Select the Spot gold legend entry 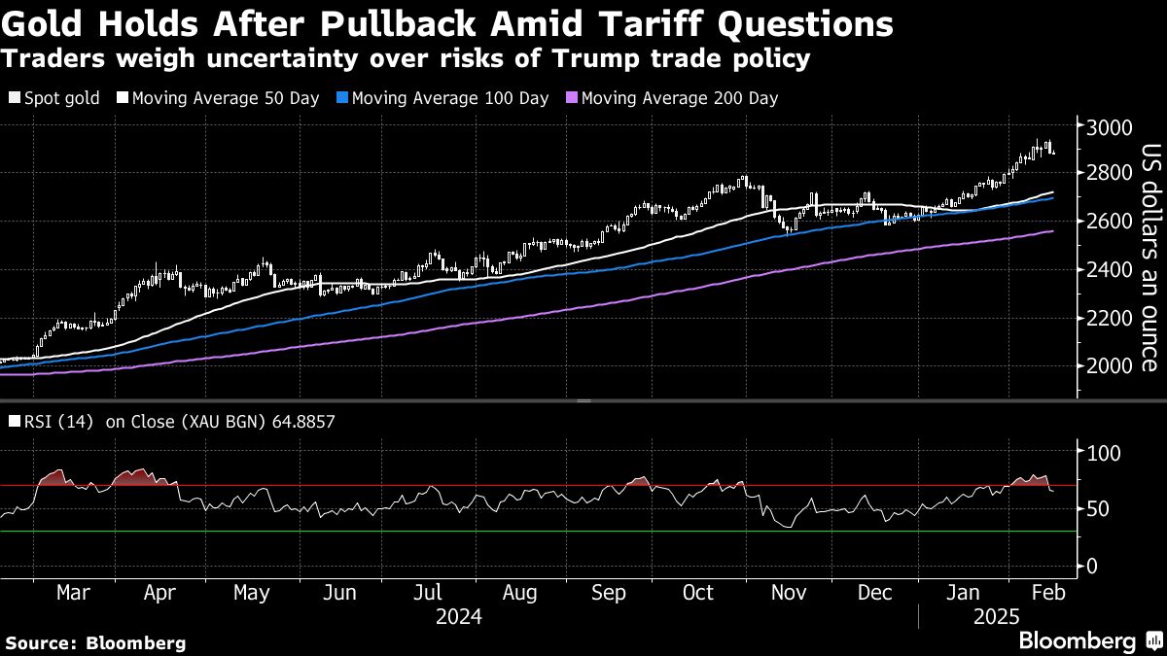[61, 98]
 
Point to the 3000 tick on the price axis [1110, 128]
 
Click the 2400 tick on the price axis [1110, 270]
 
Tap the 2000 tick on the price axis [1110, 366]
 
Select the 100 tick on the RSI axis [1105, 453]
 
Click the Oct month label [697, 593]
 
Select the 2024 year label [458, 617]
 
